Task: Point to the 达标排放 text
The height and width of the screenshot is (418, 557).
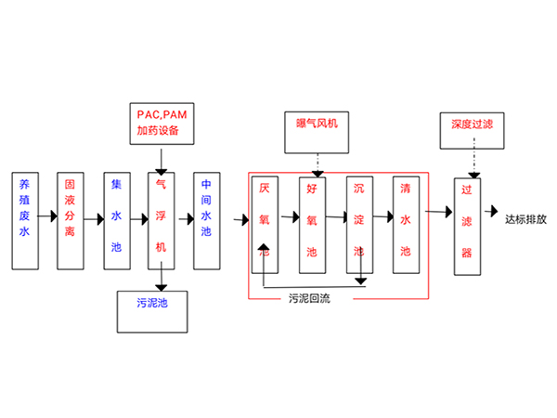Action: coord(526,221)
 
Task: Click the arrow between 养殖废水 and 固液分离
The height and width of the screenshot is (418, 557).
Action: coord(47,220)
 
